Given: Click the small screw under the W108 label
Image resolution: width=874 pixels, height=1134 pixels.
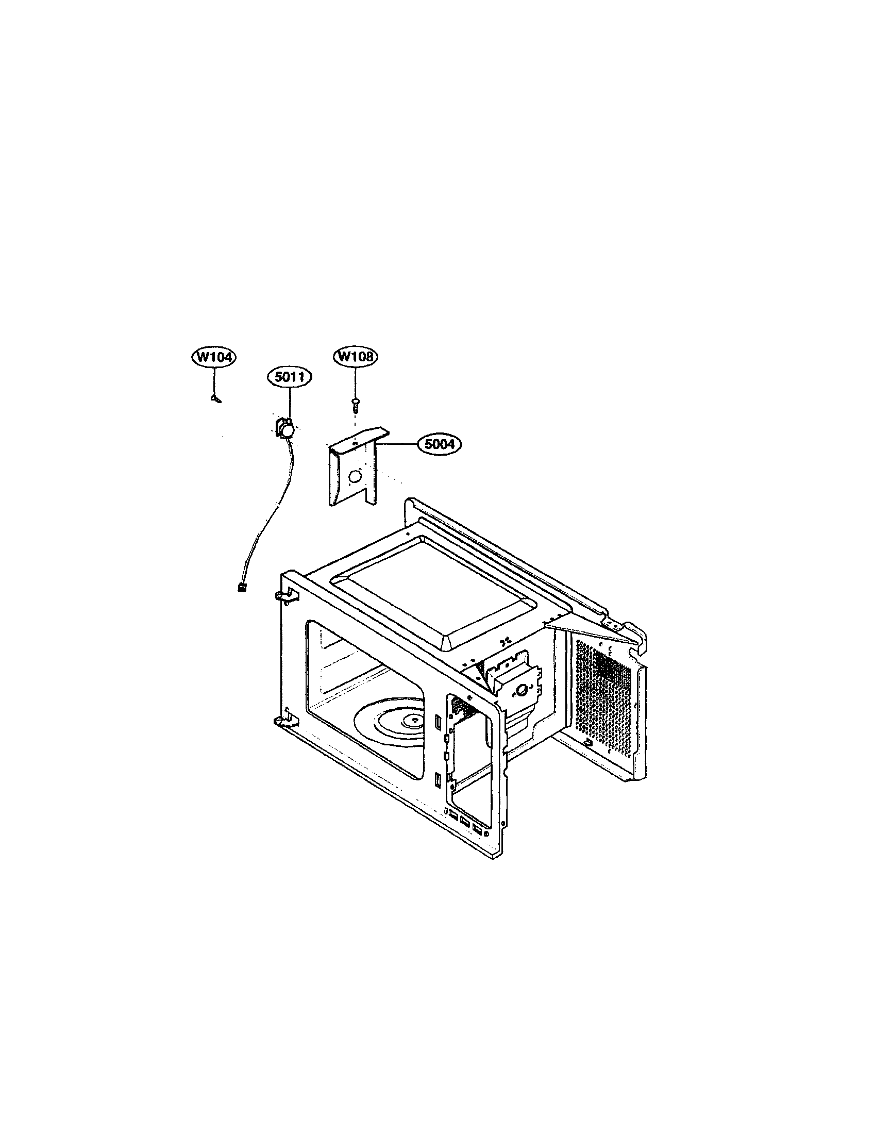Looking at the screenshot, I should [355, 403].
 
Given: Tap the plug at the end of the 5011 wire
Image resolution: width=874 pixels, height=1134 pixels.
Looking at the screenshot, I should [240, 587].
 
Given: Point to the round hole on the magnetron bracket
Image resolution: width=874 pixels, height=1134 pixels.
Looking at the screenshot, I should [522, 689].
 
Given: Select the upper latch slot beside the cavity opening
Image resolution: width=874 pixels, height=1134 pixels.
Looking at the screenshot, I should [439, 722].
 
